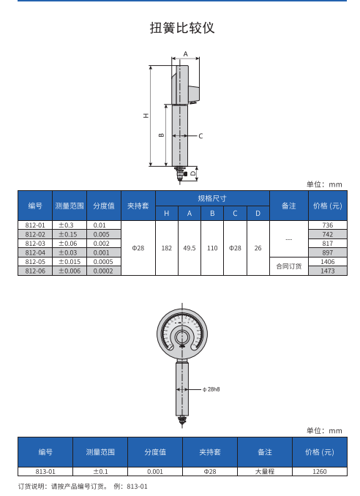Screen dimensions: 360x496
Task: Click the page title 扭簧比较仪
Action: click(182, 28)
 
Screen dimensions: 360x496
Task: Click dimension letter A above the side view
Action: click(185, 54)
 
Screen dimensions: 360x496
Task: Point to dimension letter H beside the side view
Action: click(146, 116)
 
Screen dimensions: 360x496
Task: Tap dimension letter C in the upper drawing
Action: click(200, 136)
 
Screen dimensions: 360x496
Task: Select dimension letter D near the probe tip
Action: click(193, 173)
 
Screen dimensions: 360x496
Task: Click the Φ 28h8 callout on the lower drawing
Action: click(211, 389)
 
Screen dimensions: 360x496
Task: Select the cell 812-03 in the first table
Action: click(35, 244)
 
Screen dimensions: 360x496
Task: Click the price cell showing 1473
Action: click(327, 271)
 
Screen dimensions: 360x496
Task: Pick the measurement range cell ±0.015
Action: click(70, 262)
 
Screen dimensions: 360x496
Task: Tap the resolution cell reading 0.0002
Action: click(103, 271)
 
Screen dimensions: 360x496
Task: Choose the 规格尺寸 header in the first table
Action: click(212, 198)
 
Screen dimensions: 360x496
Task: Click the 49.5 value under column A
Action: click(190, 248)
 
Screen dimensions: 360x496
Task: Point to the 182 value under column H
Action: click(166, 248)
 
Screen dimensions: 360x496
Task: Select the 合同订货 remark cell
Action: click(289, 266)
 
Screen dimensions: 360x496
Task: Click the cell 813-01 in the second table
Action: click(45, 471)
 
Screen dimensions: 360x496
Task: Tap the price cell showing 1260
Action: click(320, 471)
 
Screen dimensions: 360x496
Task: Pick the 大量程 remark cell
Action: click(265, 471)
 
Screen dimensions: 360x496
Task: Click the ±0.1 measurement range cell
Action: click(100, 471)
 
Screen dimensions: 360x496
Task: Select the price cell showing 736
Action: click(327, 225)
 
